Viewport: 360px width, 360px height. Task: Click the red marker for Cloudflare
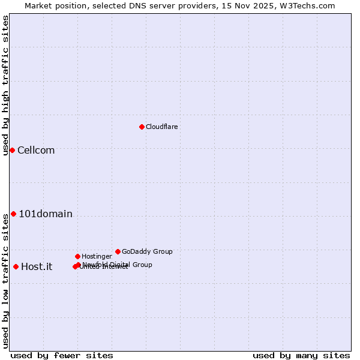click(142, 127)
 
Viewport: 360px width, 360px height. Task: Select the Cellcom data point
click(12, 150)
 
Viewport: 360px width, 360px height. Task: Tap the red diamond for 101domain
click(13, 214)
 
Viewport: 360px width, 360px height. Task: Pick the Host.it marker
click(16, 266)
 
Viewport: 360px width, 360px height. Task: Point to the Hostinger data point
click(77, 256)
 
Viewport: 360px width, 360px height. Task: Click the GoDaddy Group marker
click(118, 251)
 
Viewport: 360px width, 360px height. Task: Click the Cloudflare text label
click(161, 127)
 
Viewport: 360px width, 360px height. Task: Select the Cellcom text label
click(36, 150)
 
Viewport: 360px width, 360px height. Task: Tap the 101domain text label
click(46, 214)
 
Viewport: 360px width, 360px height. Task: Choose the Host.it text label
click(37, 266)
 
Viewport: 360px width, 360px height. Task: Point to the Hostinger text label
click(97, 256)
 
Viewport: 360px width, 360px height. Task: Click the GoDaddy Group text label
click(147, 251)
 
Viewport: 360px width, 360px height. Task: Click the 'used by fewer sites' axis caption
click(62, 355)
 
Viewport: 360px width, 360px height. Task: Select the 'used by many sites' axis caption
click(301, 355)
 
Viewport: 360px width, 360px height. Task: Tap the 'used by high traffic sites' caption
click(5, 85)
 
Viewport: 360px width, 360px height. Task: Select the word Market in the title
click(38, 5)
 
